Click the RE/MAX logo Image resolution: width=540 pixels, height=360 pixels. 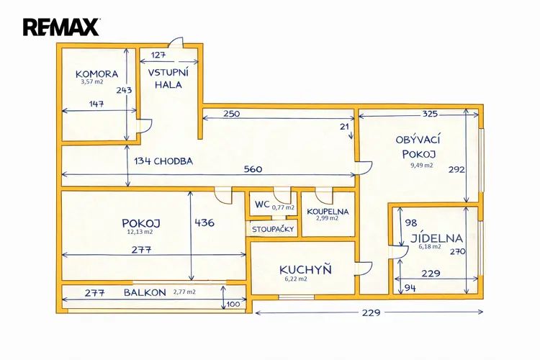60,27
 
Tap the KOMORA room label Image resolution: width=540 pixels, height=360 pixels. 96,73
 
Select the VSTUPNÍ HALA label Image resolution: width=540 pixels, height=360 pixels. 168,78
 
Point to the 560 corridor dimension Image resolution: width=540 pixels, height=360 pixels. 252,169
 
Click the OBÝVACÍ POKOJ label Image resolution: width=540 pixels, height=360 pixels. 418,146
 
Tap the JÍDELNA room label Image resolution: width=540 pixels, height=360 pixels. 436,238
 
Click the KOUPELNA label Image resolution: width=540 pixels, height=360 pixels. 328,212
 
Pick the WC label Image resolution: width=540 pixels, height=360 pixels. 261,205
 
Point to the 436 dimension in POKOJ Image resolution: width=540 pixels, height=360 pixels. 204,223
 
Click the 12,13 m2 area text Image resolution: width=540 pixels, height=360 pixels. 140,233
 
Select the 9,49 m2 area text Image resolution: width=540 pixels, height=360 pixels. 421,165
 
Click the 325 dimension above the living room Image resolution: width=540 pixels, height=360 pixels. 430,114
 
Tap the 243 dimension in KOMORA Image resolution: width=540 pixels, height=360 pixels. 123,91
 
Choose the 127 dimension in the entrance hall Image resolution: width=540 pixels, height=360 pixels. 159,55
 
